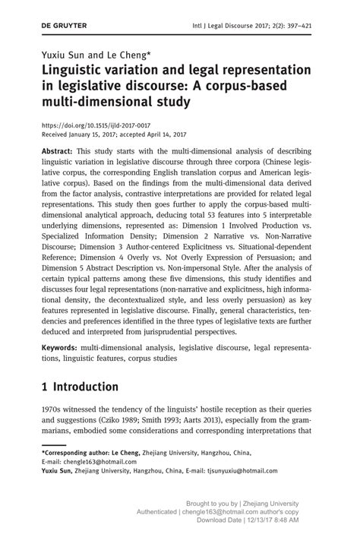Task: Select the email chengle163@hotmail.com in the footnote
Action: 98,461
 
